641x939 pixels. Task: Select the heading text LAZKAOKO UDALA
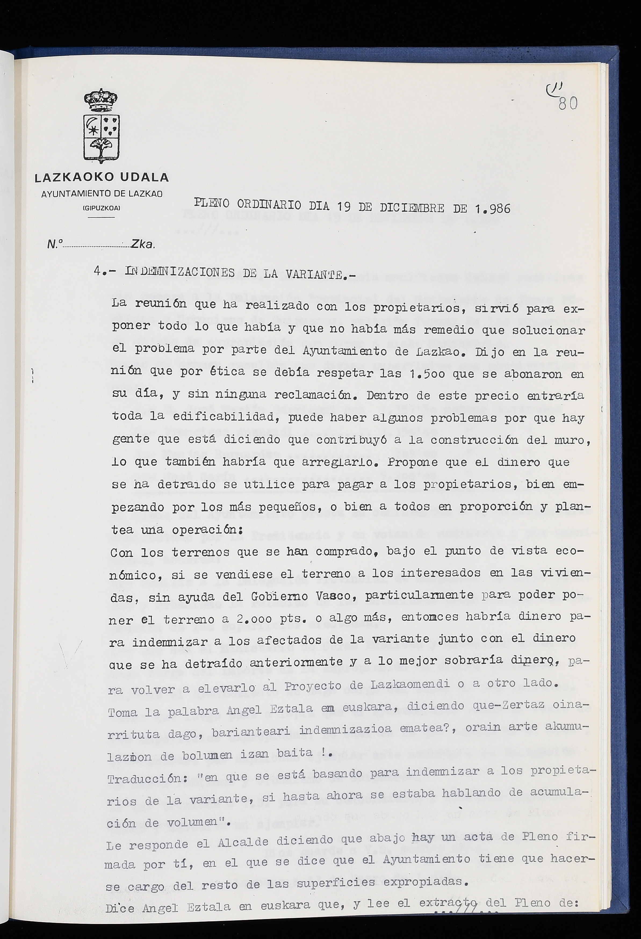point(102,177)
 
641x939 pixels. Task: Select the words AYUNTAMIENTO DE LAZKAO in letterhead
point(102,194)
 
